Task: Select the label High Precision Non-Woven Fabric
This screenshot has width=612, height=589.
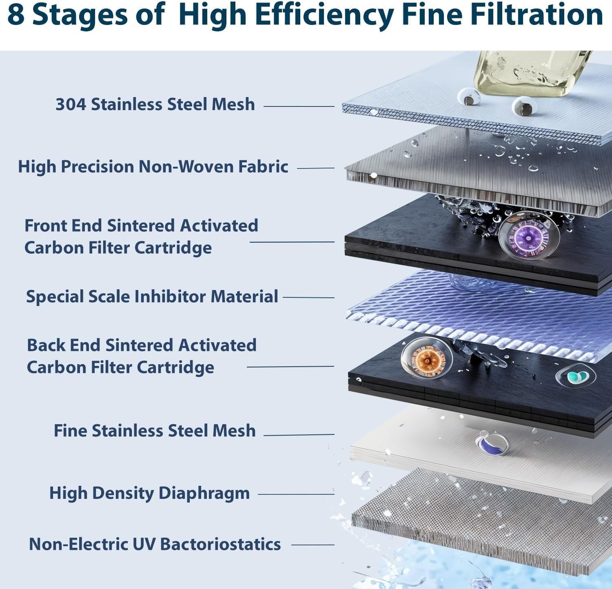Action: (153, 167)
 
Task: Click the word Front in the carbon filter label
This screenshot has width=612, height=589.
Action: (45, 226)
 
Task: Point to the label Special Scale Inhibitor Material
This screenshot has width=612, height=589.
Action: (152, 297)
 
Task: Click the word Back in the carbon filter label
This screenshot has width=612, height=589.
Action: (46, 345)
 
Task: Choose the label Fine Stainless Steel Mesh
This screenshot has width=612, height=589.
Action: (155, 431)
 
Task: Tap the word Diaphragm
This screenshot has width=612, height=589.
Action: (204, 493)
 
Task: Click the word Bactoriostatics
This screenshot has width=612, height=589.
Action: (220, 545)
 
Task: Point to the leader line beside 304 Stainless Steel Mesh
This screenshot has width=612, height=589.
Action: (299, 106)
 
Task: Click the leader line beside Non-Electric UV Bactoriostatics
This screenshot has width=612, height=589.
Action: (313, 545)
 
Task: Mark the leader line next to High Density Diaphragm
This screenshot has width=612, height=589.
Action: (296, 494)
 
